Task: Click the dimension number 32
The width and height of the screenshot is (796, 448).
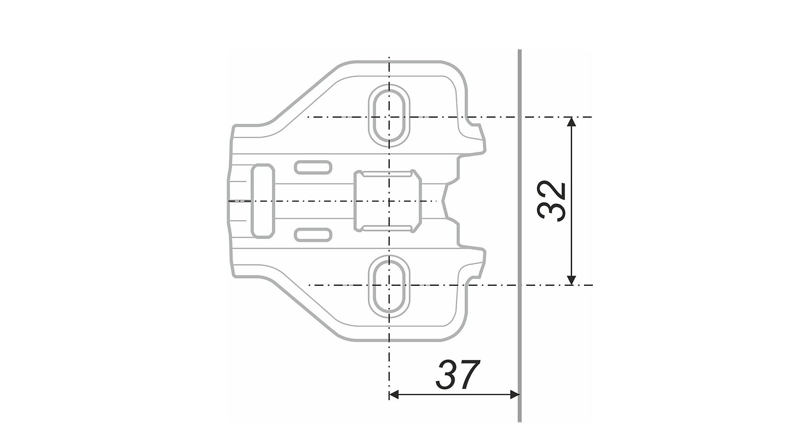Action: coord(551,201)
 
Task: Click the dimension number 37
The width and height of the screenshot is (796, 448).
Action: coord(458,375)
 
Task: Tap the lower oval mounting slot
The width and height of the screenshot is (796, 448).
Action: coord(389,287)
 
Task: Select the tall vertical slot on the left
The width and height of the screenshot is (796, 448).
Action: coord(262,201)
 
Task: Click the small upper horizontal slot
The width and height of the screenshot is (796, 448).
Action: coord(313,167)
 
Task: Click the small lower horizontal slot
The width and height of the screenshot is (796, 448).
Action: coord(313,235)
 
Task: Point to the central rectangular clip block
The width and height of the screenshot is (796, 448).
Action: coord(388,201)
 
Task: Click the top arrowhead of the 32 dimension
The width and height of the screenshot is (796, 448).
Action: coord(571,122)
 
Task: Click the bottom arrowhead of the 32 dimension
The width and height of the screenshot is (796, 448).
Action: coord(571,280)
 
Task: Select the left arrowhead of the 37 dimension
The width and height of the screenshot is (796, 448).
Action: coord(394,394)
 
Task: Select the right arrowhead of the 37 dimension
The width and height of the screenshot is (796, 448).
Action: coord(514,394)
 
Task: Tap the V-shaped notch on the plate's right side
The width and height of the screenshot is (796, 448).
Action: coord(446,201)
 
